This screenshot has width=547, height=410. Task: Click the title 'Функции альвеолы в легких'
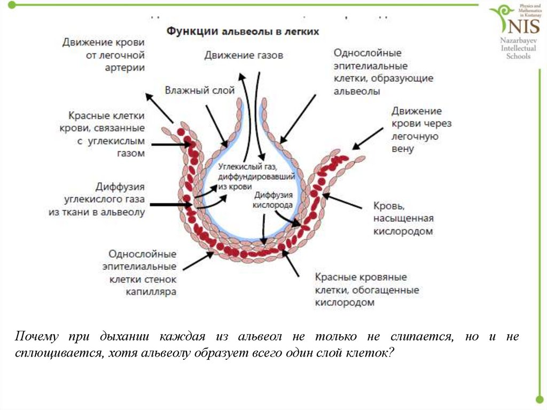click(x=243, y=32)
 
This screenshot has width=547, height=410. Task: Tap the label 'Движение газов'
click(x=244, y=55)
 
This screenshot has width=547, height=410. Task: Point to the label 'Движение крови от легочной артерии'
click(x=104, y=55)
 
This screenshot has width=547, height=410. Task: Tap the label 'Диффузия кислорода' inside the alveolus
click(x=273, y=199)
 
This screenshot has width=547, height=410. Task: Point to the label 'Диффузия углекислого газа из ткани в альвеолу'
click(x=97, y=199)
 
